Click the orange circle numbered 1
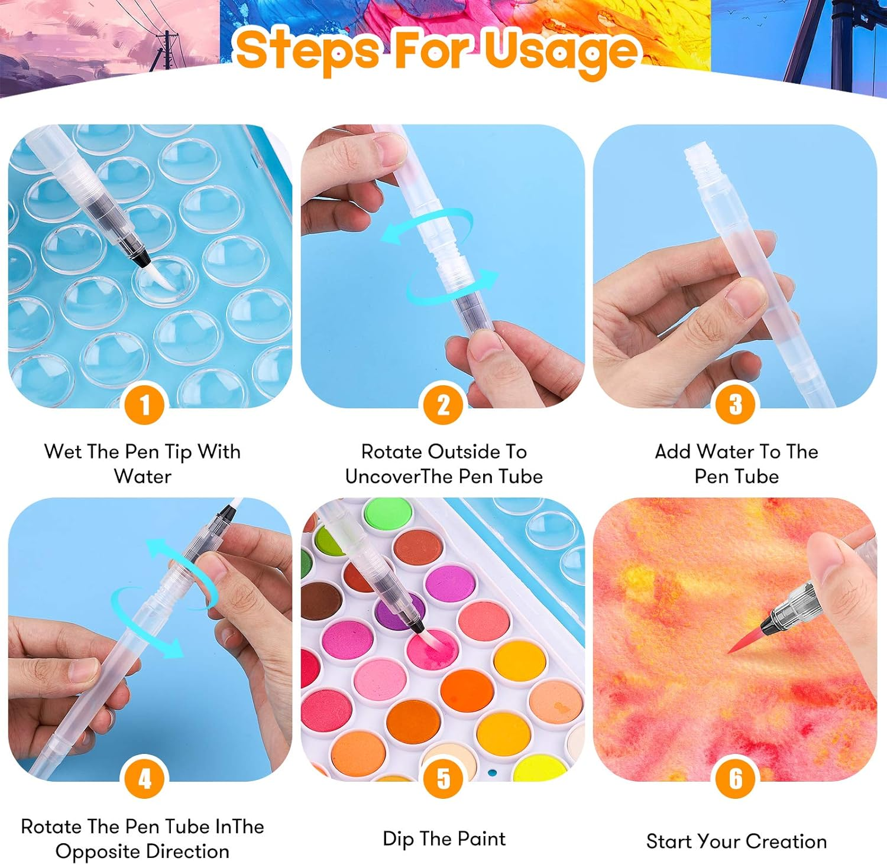click(145, 405)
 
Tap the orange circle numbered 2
click(444, 405)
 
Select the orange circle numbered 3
click(736, 405)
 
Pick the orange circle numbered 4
click(145, 779)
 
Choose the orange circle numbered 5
click(444, 779)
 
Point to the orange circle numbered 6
click(736, 779)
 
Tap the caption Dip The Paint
click(444, 839)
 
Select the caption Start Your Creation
click(736, 841)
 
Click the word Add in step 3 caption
click(672, 451)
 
